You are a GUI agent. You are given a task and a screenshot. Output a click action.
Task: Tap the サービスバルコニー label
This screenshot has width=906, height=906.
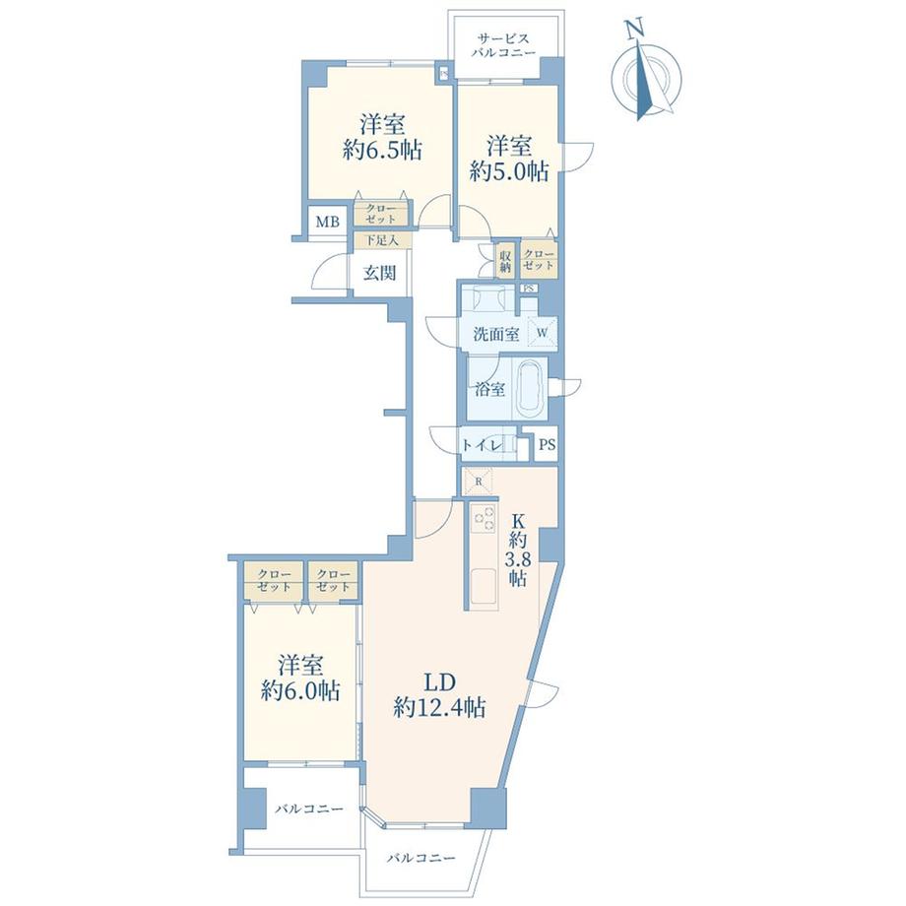coord(502,45)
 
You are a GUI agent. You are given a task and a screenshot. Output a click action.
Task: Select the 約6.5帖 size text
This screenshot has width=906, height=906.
coord(381,151)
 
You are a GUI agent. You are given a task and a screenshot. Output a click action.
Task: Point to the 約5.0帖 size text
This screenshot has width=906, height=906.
coord(508,171)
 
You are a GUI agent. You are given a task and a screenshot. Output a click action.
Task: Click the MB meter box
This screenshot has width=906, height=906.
coord(327,222)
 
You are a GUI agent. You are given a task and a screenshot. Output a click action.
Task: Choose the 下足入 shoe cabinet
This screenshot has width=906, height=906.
coord(382,240)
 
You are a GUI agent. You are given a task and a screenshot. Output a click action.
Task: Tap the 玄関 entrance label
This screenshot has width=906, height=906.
coord(379,273)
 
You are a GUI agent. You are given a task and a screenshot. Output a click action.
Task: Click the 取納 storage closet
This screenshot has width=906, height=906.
coord(505,261)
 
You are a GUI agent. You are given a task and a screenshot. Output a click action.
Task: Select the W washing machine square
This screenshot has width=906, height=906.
coord(542,333)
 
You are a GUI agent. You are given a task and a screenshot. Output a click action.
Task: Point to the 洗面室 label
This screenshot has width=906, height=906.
coord(495,335)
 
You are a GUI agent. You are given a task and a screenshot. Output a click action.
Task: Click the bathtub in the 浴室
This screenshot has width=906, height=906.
coord(531,389)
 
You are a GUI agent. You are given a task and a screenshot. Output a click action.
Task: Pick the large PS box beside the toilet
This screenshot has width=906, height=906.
coord(546,445)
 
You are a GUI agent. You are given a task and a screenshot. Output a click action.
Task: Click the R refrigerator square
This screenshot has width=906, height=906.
coord(479,482)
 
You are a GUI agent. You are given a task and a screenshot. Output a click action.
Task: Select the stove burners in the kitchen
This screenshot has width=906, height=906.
coord(484,518)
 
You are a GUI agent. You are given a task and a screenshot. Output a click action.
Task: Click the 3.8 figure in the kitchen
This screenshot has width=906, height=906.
coord(517,559)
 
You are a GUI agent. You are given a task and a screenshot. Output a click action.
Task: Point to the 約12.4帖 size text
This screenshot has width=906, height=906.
coord(439,707)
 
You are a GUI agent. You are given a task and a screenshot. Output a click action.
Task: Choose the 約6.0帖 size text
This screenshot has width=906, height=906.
coord(300,690)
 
